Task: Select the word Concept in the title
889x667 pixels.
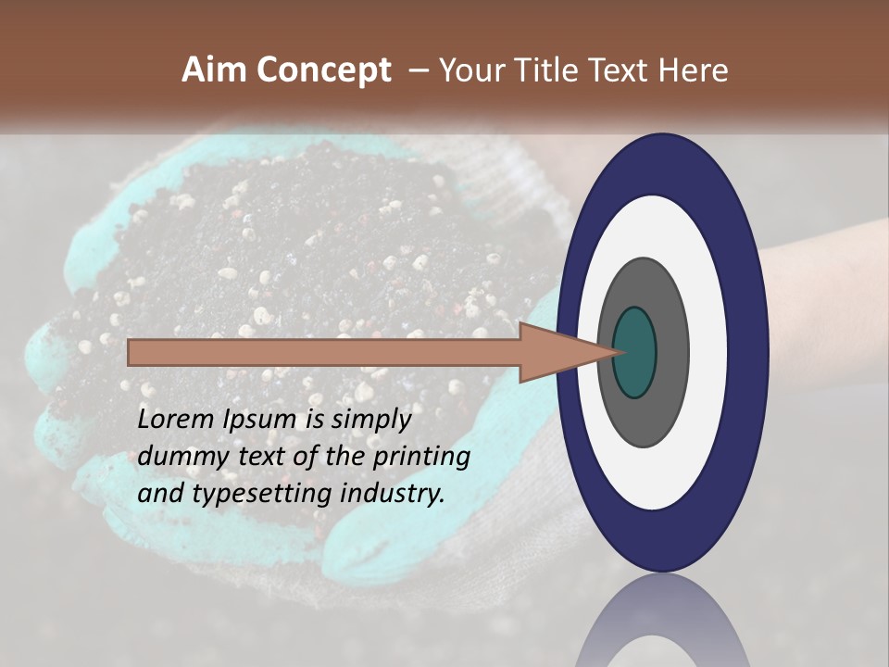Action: pyautogui.click(x=324, y=70)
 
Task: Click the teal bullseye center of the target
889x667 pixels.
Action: pyautogui.click(x=635, y=352)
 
